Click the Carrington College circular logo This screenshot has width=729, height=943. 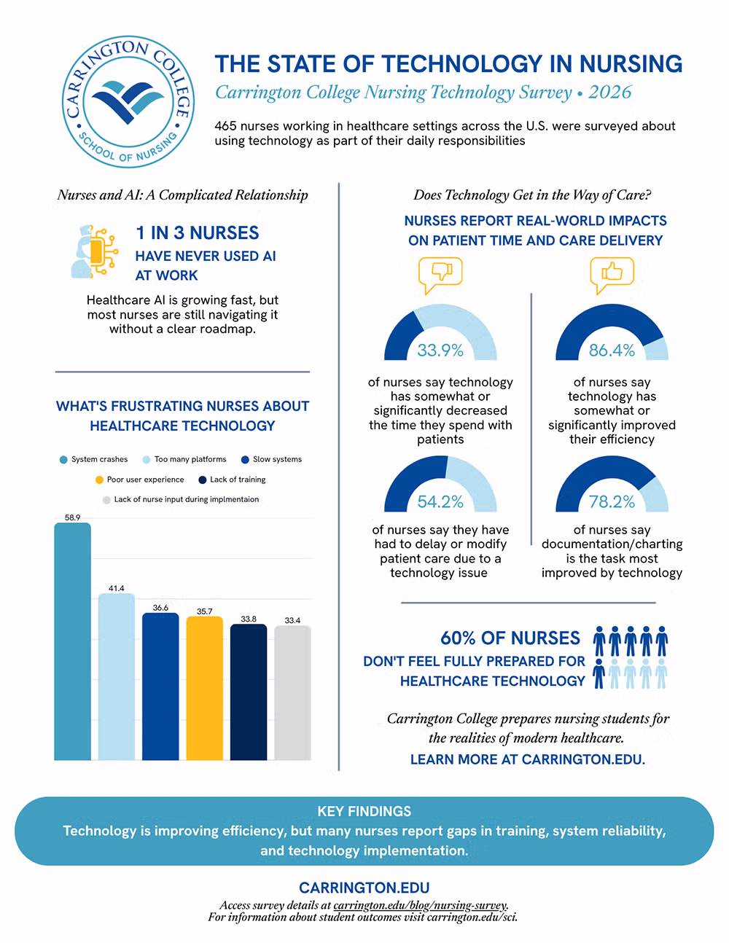tap(128, 102)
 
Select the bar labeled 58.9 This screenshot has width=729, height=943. tap(72, 641)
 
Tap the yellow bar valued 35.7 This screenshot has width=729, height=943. tap(204, 688)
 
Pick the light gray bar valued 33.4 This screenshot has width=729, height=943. tap(292, 692)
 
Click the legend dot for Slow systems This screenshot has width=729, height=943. tap(245, 460)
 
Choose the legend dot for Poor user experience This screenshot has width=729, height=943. tap(99, 480)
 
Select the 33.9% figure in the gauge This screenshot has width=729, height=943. tap(440, 351)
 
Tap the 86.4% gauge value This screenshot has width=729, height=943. tap(612, 351)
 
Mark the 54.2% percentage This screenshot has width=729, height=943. tap(440, 501)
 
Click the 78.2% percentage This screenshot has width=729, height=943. tap(612, 501)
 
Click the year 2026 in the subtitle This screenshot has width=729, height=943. tap(609, 92)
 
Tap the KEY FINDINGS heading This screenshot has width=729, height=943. tap(364, 811)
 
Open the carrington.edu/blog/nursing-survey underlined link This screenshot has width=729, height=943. tap(420, 905)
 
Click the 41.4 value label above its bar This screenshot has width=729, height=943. tap(117, 588)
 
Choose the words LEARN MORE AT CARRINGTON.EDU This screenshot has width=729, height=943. tap(528, 759)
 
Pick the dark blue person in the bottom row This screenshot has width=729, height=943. tap(599, 673)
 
